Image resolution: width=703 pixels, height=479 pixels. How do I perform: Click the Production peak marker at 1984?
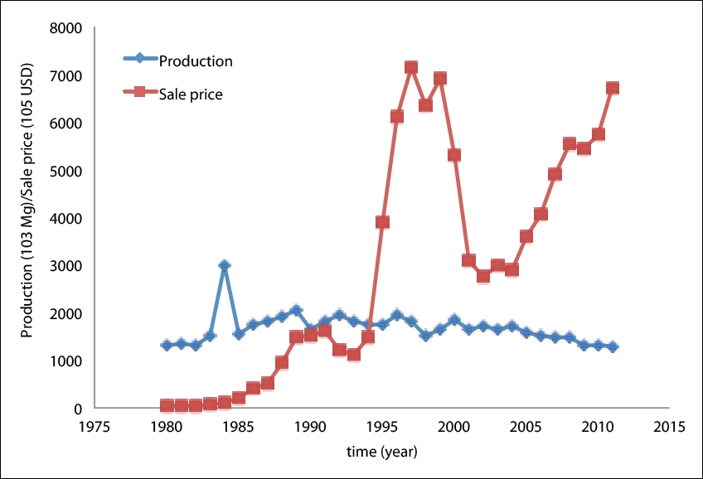(224, 265)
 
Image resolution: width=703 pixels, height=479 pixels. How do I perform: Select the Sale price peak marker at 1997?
(410, 67)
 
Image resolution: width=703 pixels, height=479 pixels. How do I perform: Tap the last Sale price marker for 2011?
(613, 88)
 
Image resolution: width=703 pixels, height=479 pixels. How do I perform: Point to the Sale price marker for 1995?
(382, 222)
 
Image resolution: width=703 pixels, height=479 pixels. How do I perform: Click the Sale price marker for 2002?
(483, 276)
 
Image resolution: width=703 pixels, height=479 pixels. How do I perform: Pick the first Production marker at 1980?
(167, 345)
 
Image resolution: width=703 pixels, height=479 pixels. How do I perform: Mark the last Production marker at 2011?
(613, 346)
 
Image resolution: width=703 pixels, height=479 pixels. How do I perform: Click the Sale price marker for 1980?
(167, 406)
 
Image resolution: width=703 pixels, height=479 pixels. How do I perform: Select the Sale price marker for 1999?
(440, 79)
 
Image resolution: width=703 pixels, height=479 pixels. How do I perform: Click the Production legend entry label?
(196, 60)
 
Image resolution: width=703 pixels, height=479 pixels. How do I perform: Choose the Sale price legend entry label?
(191, 94)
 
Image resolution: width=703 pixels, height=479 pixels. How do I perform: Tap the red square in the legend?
(139, 93)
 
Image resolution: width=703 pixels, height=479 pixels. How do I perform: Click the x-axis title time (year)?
(382, 452)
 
